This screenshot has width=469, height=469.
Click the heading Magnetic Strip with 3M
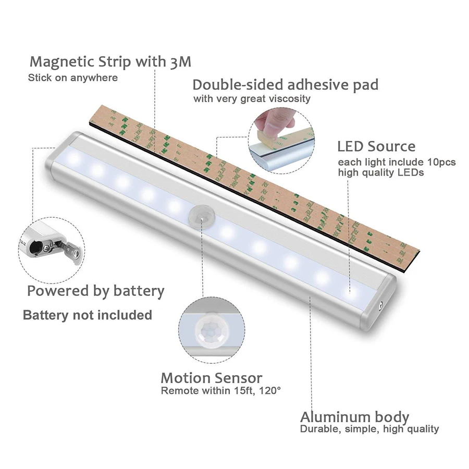[110, 62]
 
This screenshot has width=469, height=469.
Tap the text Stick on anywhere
[73, 78]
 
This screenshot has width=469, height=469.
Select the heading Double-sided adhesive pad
[285, 84]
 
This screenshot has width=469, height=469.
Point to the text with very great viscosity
[252, 98]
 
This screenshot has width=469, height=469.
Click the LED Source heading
[376, 146]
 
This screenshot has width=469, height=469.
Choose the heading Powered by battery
[96, 291]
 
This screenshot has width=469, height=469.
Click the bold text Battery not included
[88, 315]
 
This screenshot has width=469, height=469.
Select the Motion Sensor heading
[212, 378]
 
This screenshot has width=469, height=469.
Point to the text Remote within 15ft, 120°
[221, 390]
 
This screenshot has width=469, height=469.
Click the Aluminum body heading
[354, 417]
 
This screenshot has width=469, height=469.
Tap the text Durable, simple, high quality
[369, 429]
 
